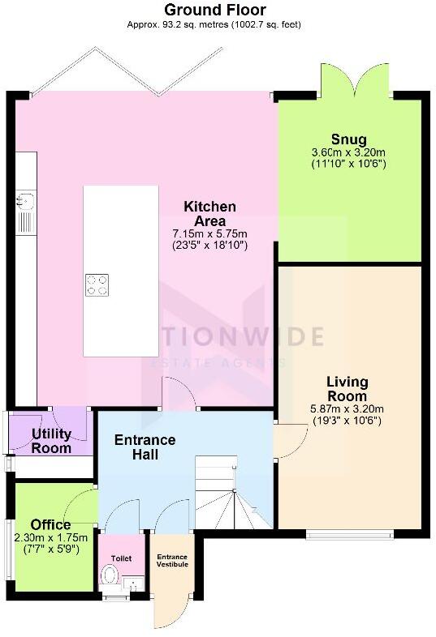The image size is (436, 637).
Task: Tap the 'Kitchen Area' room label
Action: point(209,214)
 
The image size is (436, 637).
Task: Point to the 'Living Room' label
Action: point(348,389)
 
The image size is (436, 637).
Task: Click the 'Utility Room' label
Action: point(51,441)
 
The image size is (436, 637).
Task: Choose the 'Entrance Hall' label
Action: point(145,447)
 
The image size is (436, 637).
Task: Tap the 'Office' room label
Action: point(50,524)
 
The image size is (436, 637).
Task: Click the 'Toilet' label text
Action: point(121,558)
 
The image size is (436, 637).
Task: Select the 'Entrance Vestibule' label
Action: point(172,560)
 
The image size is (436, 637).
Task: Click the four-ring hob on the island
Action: point(97,284)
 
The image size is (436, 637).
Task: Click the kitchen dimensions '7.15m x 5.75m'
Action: point(209,233)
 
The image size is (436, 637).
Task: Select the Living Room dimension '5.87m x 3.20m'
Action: point(348,409)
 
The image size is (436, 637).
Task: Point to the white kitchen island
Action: point(121,271)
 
